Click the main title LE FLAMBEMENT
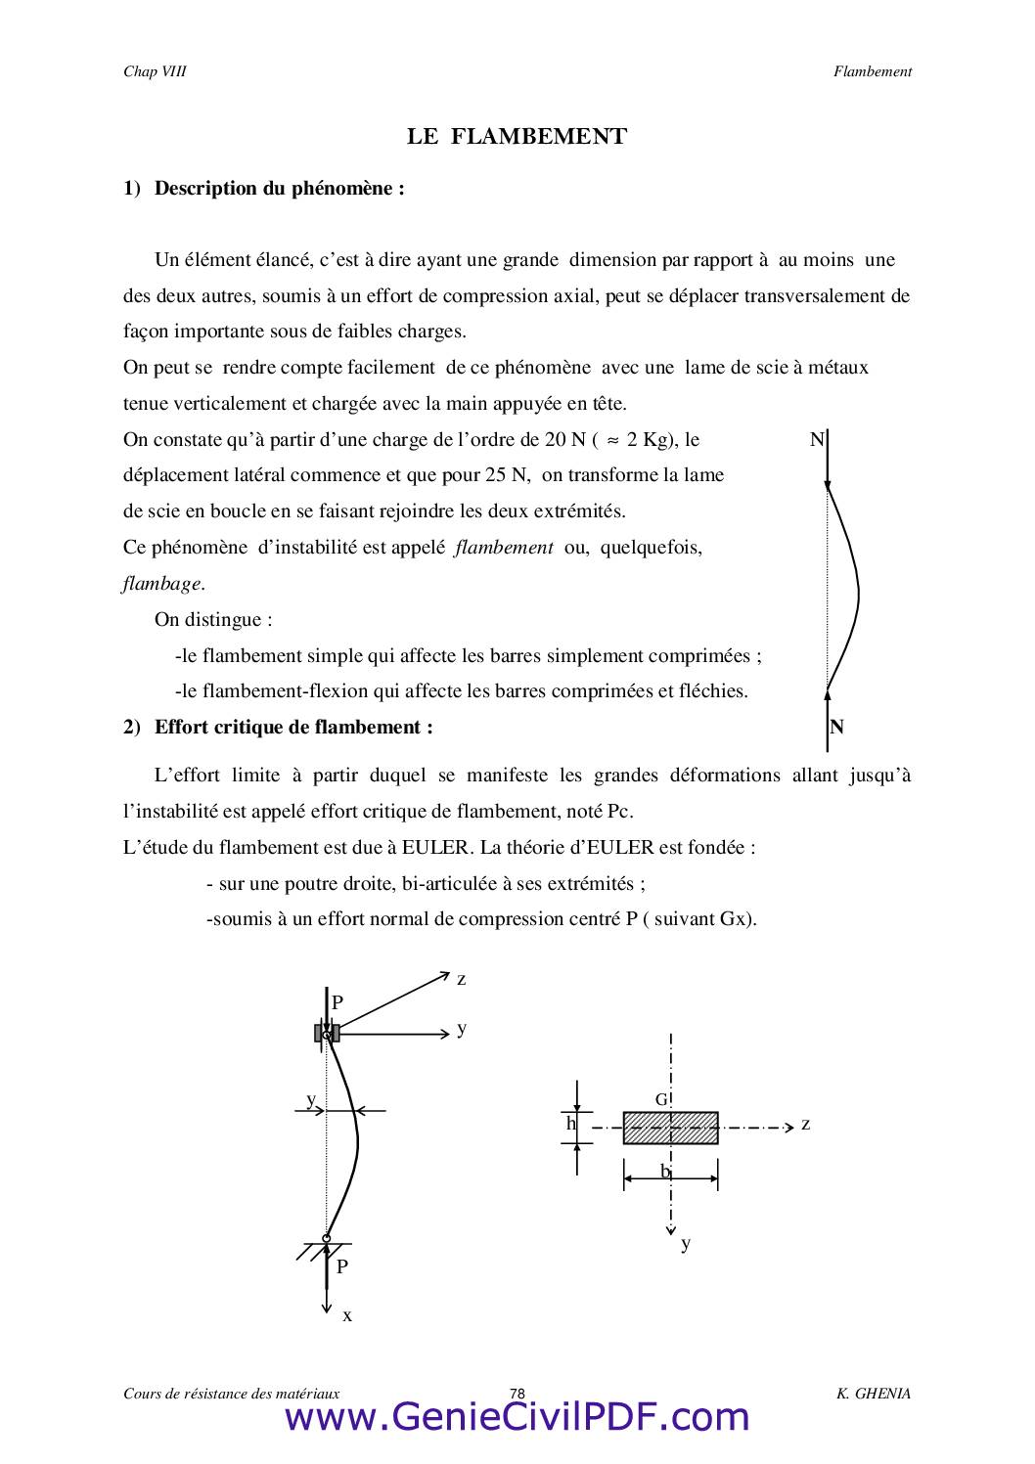[x=517, y=137]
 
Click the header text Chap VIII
[x=155, y=71]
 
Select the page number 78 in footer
[x=517, y=1394]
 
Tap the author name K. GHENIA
[x=873, y=1394]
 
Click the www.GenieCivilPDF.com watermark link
[x=517, y=1417]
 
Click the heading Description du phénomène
[x=279, y=188]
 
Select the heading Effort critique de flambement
[x=292, y=727]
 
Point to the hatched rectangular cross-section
[x=670, y=1128]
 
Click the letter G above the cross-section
[x=661, y=1099]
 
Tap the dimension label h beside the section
[x=571, y=1124]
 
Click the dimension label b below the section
[x=665, y=1171]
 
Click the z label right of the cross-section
[x=805, y=1124]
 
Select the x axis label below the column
[x=347, y=1315]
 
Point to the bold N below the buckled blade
[x=837, y=727]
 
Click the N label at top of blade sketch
[x=817, y=440]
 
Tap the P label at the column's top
[x=337, y=1002]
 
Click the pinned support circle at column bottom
[x=327, y=1238]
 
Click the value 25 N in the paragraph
[x=506, y=475]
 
